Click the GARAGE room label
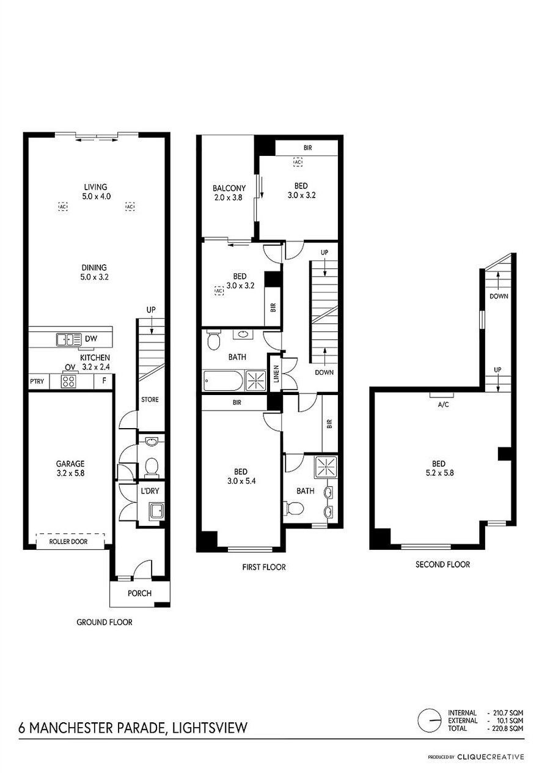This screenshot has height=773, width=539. point(70,464)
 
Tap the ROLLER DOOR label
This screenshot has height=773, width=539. point(68,541)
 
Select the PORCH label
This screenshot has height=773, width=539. point(139,593)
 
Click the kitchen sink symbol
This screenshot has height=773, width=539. point(69,339)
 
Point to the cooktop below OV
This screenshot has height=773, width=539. point(68,382)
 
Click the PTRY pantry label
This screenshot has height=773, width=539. point(37,382)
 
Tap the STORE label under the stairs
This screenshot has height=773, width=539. point(150,399)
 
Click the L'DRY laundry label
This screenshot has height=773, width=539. point(150,490)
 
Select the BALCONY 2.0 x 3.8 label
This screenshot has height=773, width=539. point(229,193)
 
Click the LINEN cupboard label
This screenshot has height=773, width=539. point(276,374)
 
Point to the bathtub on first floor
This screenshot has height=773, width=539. point(223,380)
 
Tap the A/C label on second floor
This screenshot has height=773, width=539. point(443,405)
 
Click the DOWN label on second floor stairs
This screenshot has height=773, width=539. point(499,296)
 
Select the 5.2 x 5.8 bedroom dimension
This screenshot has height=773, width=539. point(439,473)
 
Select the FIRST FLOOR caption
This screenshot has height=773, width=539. point(264,567)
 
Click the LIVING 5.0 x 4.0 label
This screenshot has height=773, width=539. point(96,191)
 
